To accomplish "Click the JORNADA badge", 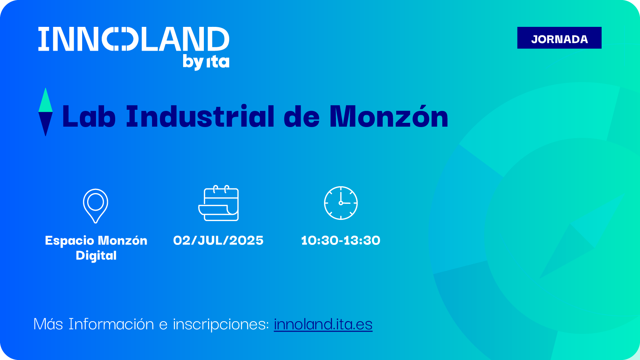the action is [559, 38].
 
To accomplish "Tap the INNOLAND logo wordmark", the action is [134, 39].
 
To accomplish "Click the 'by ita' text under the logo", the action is [206, 62].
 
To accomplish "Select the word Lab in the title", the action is [89, 116].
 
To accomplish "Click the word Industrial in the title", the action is [200, 116].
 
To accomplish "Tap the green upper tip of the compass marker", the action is [45, 89].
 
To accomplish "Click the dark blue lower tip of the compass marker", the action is [45, 135].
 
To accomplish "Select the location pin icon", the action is [96, 206].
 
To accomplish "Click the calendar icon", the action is [218, 203].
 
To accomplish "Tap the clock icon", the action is [341, 203].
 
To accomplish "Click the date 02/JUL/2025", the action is [218, 240].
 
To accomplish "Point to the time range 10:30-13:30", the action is [341, 240].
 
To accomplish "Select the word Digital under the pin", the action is [96, 256].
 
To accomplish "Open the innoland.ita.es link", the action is [323, 324].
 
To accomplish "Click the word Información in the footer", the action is [111, 324].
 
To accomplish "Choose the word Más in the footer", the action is [48, 324].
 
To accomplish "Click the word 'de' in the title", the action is [302, 116].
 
